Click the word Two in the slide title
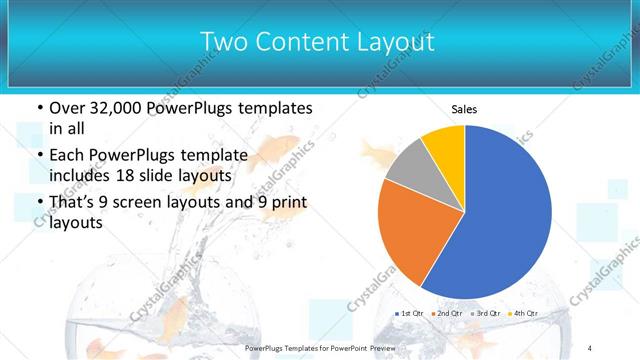(x=222, y=42)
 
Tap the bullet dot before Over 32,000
(x=39, y=107)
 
